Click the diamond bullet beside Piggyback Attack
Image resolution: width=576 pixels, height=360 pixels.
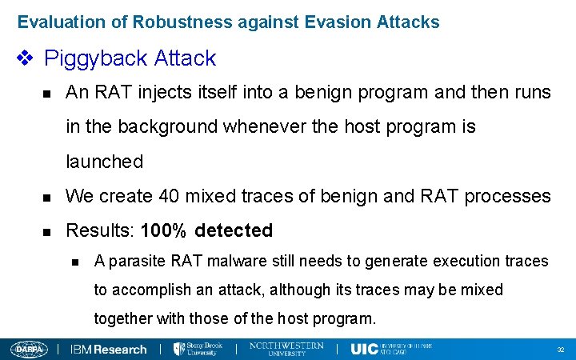point(25,58)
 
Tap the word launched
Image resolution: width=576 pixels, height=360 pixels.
point(104,162)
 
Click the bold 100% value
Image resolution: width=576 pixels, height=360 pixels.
point(163,231)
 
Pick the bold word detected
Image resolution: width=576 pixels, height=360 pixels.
point(234,231)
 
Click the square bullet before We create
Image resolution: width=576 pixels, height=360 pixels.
point(47,197)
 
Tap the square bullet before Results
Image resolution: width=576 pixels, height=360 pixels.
point(47,232)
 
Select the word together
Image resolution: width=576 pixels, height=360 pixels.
point(121,318)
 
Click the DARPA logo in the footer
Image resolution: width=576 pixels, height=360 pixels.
point(29,349)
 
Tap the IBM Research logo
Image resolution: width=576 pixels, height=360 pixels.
point(109,349)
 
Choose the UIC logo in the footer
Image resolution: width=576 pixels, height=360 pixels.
point(365,349)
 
